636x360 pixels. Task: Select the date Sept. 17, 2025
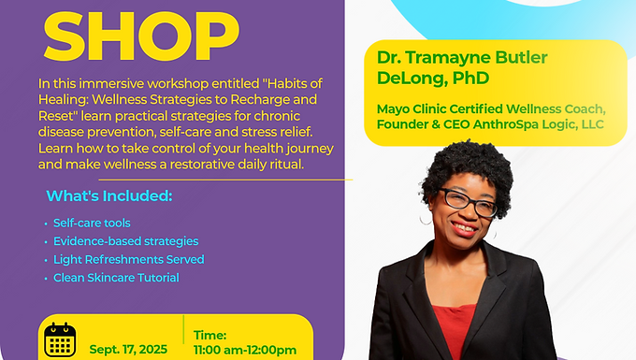[127, 350]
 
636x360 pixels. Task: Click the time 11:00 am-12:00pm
[245, 350]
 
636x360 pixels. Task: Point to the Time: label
[210, 334]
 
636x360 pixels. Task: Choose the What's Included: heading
[109, 197]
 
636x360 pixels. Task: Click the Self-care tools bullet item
[93, 223]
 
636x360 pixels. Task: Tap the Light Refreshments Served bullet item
[128, 259]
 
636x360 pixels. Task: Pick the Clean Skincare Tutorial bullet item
[116, 278]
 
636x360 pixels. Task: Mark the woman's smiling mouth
[465, 226]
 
